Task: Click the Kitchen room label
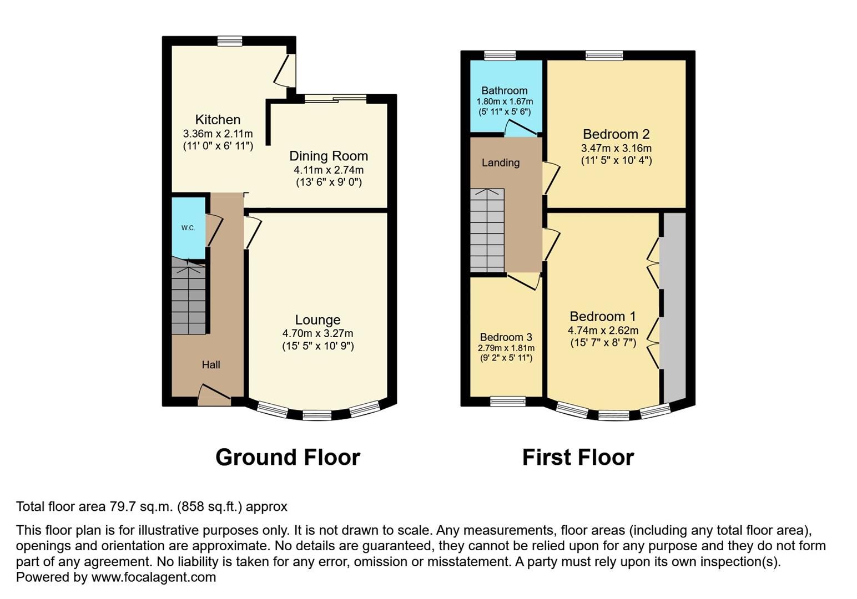pos(218,120)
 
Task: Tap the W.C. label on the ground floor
pos(188,228)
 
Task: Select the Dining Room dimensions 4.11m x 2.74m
pos(329,170)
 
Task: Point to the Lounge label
pos(317,320)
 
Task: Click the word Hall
pos(211,364)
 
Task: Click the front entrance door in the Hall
pos(214,395)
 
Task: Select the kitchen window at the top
pos(230,41)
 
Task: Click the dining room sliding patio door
pos(335,99)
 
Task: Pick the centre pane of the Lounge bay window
pos(317,415)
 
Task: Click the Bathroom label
pos(504,90)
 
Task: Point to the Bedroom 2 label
pos(616,134)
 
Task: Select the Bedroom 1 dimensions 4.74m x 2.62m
pos(603,331)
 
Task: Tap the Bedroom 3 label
pos(506,337)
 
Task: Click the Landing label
pos(501,163)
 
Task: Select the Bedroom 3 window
pos(507,402)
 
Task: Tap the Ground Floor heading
pos(288,458)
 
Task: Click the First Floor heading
pos(578,458)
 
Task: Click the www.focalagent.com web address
pos(153,577)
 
